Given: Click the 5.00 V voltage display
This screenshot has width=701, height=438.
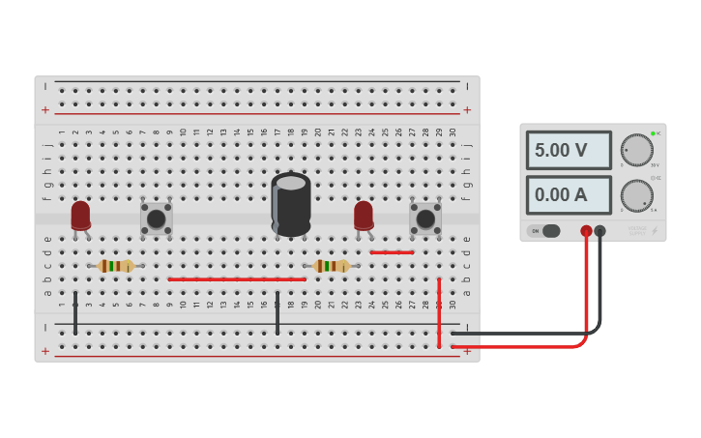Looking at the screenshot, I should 569,151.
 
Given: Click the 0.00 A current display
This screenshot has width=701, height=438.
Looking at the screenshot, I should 569,194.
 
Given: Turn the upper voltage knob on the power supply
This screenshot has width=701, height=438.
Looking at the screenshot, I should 636,150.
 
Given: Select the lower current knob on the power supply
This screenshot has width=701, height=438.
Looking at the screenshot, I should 636,195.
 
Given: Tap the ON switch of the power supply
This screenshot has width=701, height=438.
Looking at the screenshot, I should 549,231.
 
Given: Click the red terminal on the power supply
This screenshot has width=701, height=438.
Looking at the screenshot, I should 586,231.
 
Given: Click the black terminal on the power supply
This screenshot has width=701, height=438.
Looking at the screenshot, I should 600,231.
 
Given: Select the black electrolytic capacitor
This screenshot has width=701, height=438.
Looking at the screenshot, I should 291,204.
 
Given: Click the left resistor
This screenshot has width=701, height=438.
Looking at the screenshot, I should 115,266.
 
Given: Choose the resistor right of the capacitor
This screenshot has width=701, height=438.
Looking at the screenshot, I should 332,266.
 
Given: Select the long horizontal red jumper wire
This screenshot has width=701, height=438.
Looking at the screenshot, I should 237,279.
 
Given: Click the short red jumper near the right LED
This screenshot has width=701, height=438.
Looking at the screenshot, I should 392,252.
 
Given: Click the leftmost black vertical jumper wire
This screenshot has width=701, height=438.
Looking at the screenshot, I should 75,312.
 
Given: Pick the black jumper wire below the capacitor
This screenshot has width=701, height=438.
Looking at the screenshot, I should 277,312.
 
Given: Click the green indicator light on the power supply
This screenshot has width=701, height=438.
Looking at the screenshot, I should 653,133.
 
